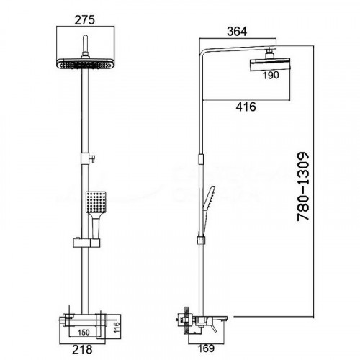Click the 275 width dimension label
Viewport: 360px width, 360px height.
(x=84, y=19)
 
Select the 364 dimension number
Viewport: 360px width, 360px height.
(x=237, y=32)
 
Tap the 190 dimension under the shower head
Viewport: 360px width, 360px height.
(x=271, y=76)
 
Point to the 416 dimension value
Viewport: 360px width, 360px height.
(x=246, y=107)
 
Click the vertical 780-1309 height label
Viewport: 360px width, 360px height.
(x=303, y=186)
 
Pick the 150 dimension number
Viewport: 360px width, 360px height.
(x=84, y=333)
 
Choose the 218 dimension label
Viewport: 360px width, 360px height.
(x=82, y=350)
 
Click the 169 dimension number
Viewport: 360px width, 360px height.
(x=207, y=348)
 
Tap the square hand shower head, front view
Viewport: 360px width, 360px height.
(x=96, y=202)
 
